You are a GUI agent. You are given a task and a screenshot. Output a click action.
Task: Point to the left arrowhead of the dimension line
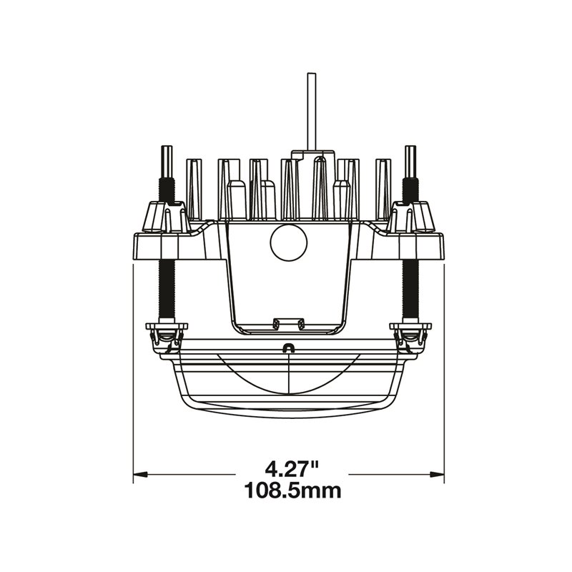[x=140, y=473]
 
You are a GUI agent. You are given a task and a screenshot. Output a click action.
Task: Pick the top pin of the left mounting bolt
[x=166, y=161]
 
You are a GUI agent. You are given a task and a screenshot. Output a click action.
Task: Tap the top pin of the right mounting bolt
[x=410, y=161]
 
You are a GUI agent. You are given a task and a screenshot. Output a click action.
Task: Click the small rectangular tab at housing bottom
[x=288, y=322]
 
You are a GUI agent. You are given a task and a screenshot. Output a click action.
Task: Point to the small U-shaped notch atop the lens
[x=289, y=348]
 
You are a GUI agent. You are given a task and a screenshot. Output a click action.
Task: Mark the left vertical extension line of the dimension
[x=134, y=372]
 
